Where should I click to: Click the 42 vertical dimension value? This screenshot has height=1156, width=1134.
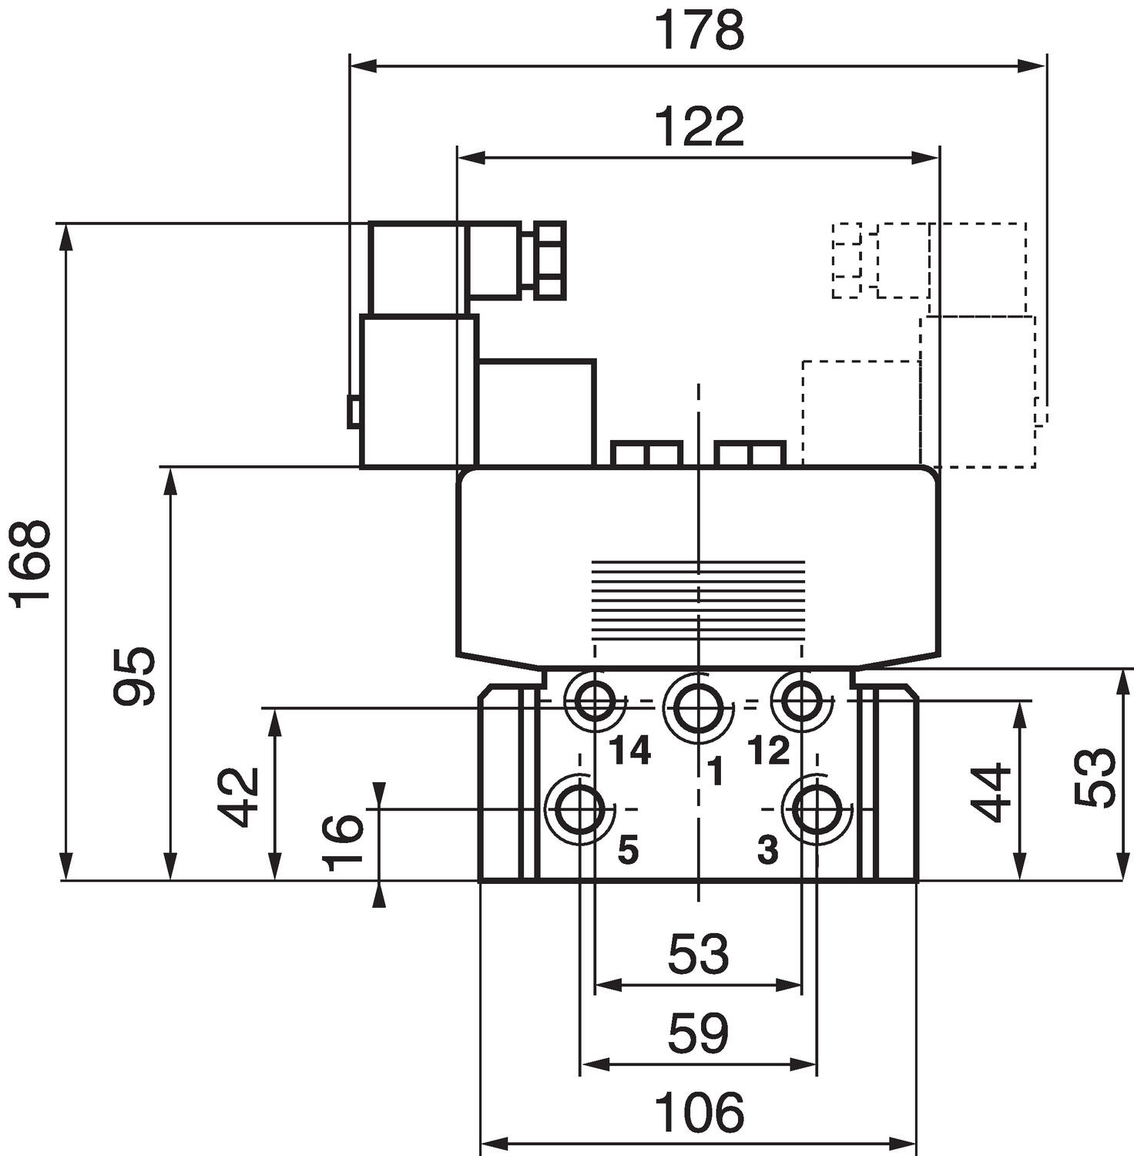click(x=237, y=796)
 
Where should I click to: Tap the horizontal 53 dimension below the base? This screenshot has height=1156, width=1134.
click(x=698, y=953)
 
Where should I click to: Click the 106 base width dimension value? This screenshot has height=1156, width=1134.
click(x=699, y=1112)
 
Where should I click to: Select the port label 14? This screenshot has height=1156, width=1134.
click(x=630, y=750)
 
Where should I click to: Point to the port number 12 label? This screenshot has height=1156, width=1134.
click(x=768, y=750)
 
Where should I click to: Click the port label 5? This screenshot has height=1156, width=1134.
click(x=628, y=851)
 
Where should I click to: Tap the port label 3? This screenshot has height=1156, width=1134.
click(x=767, y=851)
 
